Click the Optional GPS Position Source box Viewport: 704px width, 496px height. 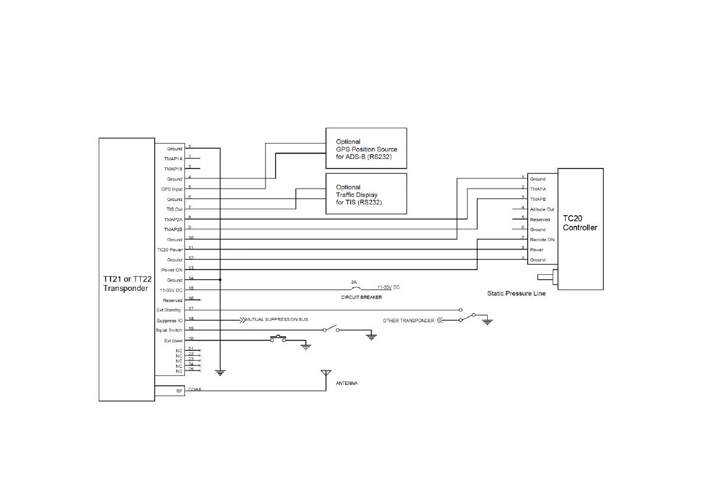point(366,149)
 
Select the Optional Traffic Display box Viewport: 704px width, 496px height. point(366,194)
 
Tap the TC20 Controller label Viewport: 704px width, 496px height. point(579,223)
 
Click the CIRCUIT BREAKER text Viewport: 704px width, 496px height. point(361,297)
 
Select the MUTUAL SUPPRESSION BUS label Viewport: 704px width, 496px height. point(277,319)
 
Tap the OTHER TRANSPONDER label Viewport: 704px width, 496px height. point(408,320)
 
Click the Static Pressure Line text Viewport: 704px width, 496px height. point(516,293)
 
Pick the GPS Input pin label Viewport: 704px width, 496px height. point(172,189)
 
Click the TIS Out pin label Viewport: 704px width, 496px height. point(174,209)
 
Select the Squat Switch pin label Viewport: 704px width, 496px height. point(169,330)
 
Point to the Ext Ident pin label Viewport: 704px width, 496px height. point(173,341)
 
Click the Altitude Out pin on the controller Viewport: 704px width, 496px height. point(542,209)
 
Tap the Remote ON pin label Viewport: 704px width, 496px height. point(542,239)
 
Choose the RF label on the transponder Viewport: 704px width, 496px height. point(179,391)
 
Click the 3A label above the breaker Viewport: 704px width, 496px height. point(354,282)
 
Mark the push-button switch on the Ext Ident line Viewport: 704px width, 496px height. point(278,339)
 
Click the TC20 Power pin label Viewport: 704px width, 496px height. point(170,249)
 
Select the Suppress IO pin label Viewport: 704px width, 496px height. point(170,320)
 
